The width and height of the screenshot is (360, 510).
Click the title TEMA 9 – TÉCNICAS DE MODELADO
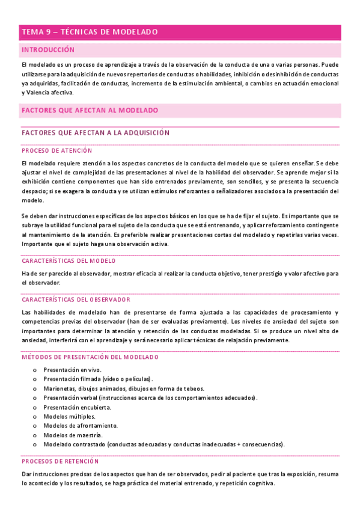tap(89, 32)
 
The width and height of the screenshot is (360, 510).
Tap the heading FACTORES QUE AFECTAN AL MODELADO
tap(90, 111)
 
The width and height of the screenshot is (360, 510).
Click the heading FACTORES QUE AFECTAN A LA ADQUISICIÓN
tap(95, 132)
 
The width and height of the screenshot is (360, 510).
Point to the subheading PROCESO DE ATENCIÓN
tap(56, 150)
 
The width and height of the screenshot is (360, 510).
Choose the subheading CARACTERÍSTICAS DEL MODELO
tap(69, 261)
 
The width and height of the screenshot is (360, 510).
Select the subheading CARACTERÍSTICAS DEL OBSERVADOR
tap(76, 299)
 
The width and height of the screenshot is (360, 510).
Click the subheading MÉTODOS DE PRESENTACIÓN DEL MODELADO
tap(90, 357)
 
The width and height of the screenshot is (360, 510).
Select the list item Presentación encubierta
tap(77, 407)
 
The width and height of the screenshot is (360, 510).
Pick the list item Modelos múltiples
tap(69, 416)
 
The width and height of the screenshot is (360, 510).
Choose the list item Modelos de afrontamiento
tap(81, 426)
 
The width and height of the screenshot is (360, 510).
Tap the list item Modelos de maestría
tap(73, 435)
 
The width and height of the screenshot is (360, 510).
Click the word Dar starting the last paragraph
tap(26, 474)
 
